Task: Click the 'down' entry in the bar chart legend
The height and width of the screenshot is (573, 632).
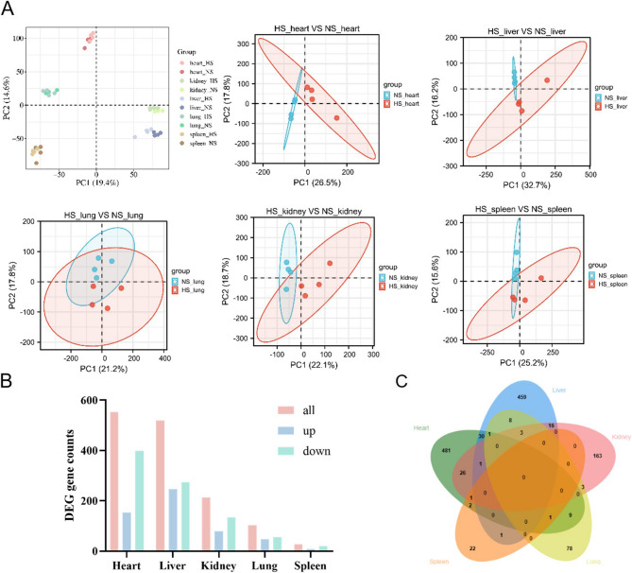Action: pyautogui.click(x=314, y=451)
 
